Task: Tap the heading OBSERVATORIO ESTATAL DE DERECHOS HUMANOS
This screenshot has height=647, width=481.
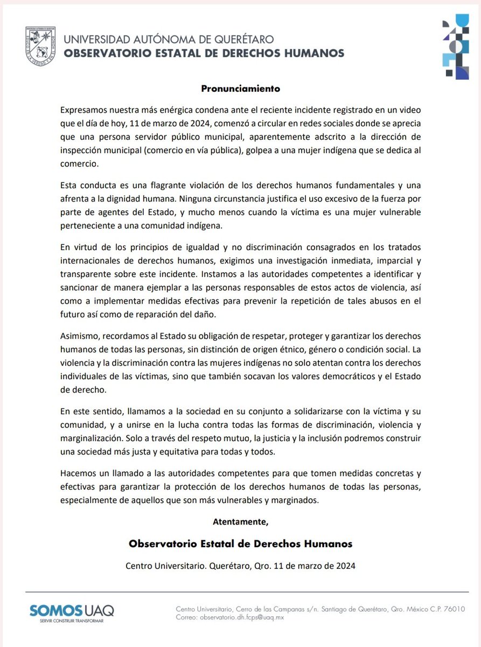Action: pos(204,53)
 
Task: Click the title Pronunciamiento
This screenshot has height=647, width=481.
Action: pos(240,87)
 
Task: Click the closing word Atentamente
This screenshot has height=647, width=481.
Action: pos(240,521)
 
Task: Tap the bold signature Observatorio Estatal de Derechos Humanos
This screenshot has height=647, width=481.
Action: pos(240,543)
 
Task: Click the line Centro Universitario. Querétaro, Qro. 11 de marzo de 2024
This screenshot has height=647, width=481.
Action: pos(240,566)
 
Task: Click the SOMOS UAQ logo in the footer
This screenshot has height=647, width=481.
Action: pos(72,613)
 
